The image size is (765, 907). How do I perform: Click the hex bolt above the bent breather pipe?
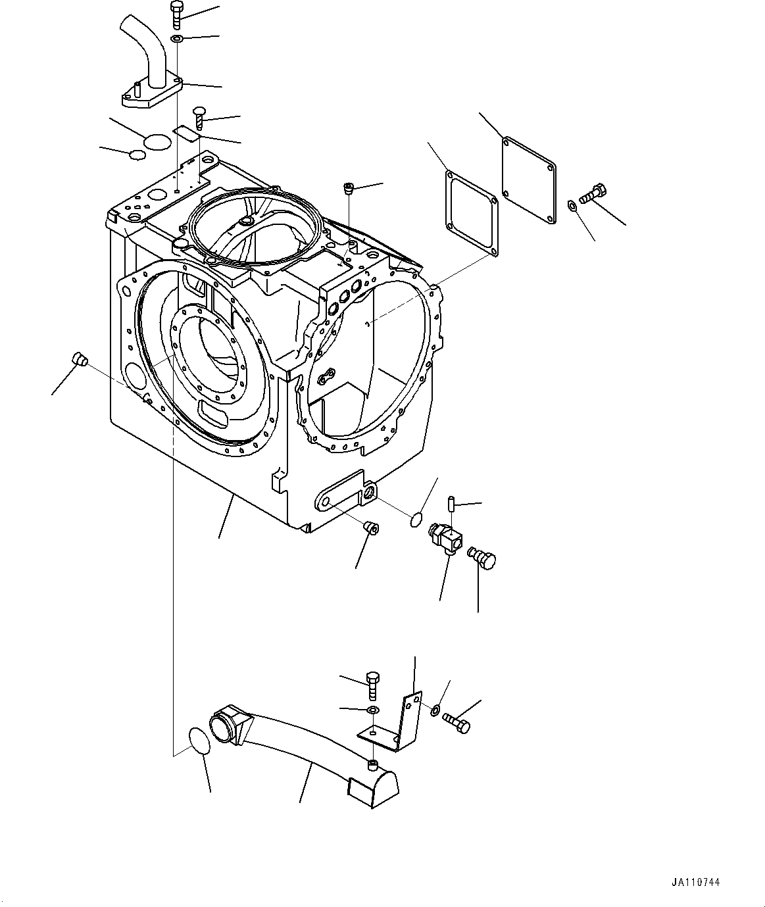(x=176, y=14)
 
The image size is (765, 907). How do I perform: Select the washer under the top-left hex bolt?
(x=176, y=40)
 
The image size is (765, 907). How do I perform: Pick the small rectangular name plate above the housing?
(x=185, y=133)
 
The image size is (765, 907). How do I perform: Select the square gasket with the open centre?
(x=470, y=212)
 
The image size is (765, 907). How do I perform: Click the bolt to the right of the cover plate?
(x=594, y=194)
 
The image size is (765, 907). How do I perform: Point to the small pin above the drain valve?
(x=453, y=503)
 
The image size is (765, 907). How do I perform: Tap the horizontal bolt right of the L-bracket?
(x=456, y=722)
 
